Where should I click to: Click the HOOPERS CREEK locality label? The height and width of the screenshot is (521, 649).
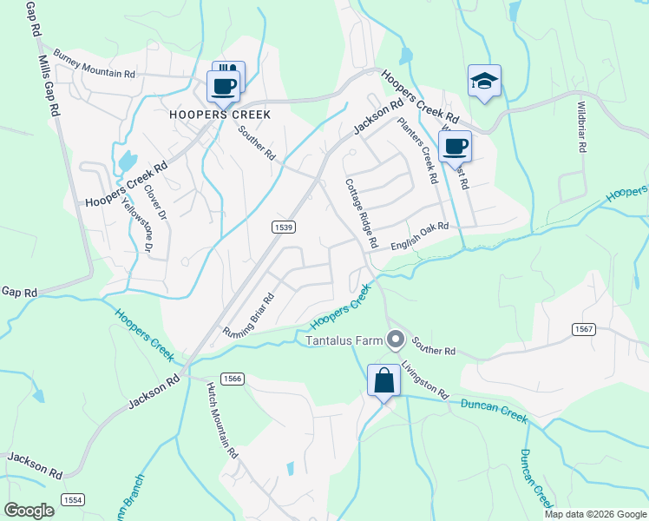(220, 115)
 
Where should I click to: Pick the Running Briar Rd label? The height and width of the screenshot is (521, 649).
(249, 315)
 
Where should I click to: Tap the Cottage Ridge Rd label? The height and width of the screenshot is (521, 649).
(362, 214)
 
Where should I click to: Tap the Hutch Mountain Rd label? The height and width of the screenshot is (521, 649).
(221, 423)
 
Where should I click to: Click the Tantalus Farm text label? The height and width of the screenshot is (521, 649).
(343, 340)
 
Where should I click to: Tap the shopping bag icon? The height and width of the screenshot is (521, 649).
(383, 380)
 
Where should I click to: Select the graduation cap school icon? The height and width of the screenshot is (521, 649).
(484, 81)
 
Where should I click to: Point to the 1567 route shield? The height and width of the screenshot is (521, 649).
(583, 328)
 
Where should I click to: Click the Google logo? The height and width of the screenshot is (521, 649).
(29, 511)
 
